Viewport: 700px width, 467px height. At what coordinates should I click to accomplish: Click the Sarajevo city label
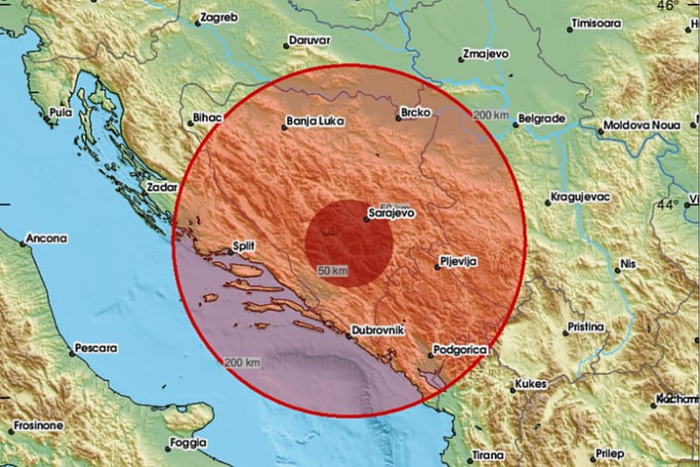390,212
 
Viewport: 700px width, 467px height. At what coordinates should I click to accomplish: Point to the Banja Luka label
314,122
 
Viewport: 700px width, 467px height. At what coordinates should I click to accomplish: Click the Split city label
243,247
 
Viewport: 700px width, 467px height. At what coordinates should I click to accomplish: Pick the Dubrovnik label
376,329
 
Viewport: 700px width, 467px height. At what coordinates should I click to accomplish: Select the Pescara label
95,348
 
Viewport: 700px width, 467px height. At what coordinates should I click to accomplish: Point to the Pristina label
585,327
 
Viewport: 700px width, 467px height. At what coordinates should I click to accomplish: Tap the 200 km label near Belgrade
490,116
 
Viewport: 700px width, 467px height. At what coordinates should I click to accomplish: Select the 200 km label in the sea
242,362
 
